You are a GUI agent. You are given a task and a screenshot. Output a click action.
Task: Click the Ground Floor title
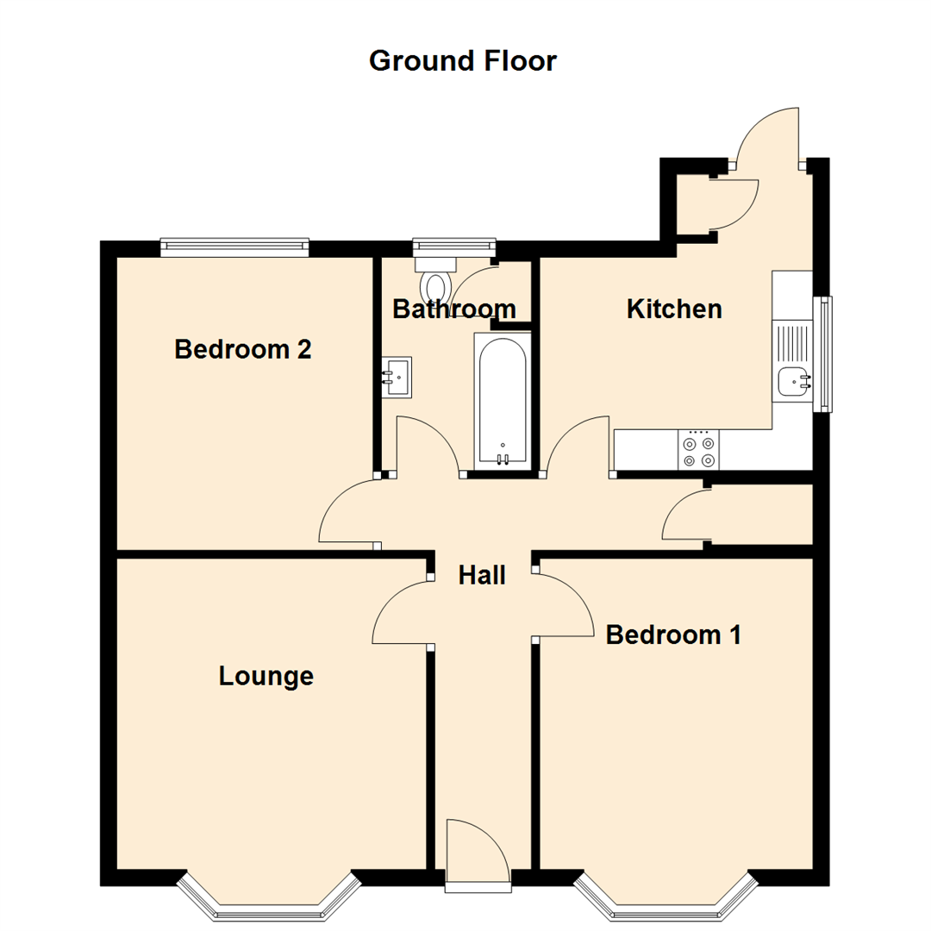pyautogui.click(x=463, y=61)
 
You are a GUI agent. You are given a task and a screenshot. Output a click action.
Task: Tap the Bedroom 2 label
pyautogui.click(x=242, y=349)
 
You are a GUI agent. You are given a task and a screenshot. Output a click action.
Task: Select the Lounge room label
pyautogui.click(x=266, y=677)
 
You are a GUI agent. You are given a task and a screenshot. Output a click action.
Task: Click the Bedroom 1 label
pyautogui.click(x=673, y=634)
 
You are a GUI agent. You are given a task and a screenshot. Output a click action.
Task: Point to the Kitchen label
pyautogui.click(x=674, y=309)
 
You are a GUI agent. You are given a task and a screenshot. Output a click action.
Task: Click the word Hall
pyautogui.click(x=481, y=575)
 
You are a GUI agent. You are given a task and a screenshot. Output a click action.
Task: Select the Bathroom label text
pyautogui.click(x=453, y=309)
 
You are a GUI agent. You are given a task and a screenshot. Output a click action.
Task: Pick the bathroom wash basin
pyautogui.click(x=397, y=377)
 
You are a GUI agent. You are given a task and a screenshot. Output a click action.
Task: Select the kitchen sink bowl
pyautogui.click(x=792, y=380)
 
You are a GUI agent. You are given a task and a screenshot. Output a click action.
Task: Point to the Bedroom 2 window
pyautogui.click(x=234, y=247)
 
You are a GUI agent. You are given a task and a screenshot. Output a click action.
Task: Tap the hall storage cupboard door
pyautogui.click(x=684, y=516)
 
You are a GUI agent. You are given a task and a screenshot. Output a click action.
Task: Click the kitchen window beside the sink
pyautogui.click(x=823, y=353)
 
